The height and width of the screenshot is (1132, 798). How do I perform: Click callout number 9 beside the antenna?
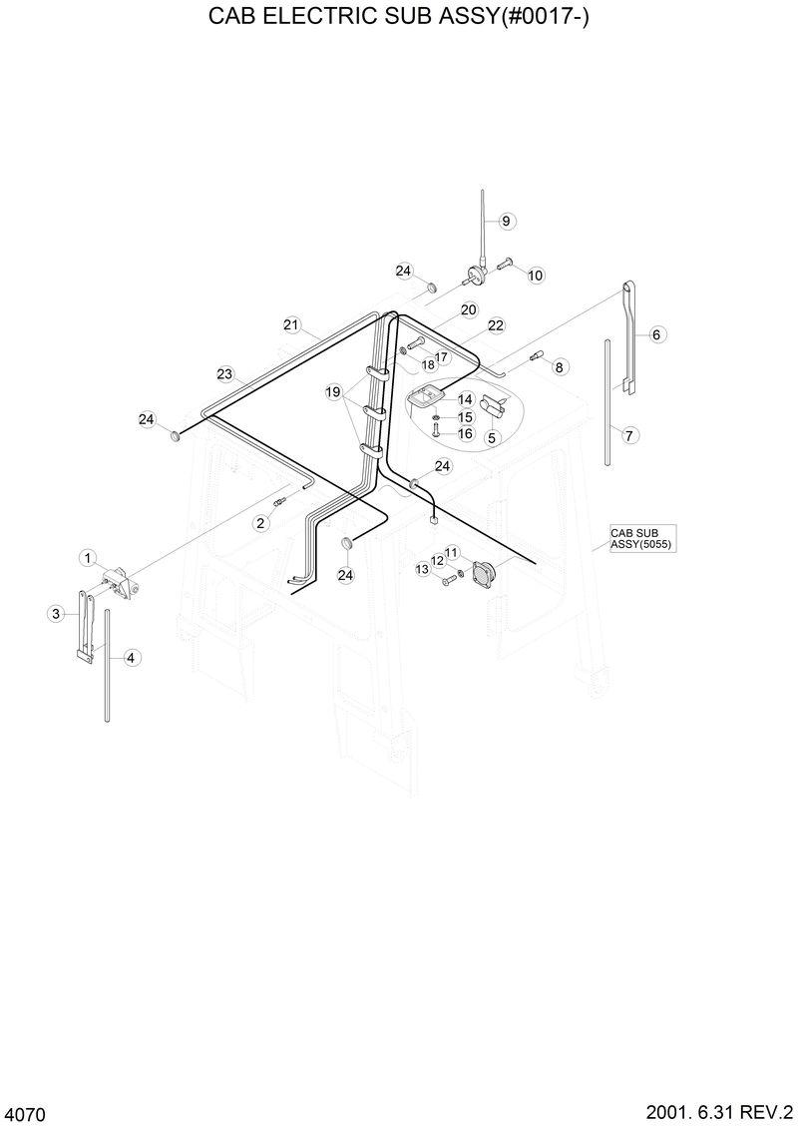(x=505, y=221)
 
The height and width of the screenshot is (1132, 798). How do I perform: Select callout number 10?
(x=536, y=276)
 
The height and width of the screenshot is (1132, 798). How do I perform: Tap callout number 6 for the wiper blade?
(x=657, y=334)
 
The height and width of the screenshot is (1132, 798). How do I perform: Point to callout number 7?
(x=629, y=435)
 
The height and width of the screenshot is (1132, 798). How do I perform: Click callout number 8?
(x=559, y=367)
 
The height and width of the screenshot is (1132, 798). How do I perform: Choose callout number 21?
(x=291, y=324)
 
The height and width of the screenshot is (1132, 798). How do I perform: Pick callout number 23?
(x=224, y=374)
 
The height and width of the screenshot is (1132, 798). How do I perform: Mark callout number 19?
(x=333, y=392)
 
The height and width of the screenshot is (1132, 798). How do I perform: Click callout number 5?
(x=491, y=437)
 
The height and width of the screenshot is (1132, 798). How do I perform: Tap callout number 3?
(x=56, y=614)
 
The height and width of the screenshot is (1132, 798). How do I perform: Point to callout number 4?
(x=133, y=657)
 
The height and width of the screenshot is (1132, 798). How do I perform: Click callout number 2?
(x=261, y=522)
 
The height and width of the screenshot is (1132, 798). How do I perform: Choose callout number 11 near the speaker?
(x=451, y=552)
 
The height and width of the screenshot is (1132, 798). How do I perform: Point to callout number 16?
(x=465, y=433)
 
